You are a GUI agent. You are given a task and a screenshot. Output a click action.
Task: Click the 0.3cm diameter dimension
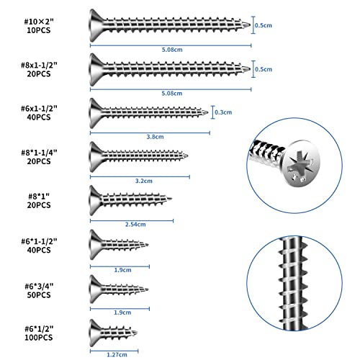click(x=225, y=112)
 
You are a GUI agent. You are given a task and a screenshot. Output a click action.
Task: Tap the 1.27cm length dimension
click(x=120, y=354)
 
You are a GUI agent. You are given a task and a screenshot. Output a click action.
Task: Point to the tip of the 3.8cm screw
click(x=208, y=112)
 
